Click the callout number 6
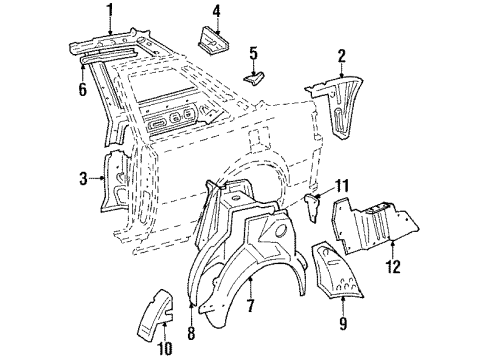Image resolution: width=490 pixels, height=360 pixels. (81, 88)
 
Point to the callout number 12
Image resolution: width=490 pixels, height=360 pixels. (392, 267)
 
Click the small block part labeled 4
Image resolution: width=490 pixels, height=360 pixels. (211, 42)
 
